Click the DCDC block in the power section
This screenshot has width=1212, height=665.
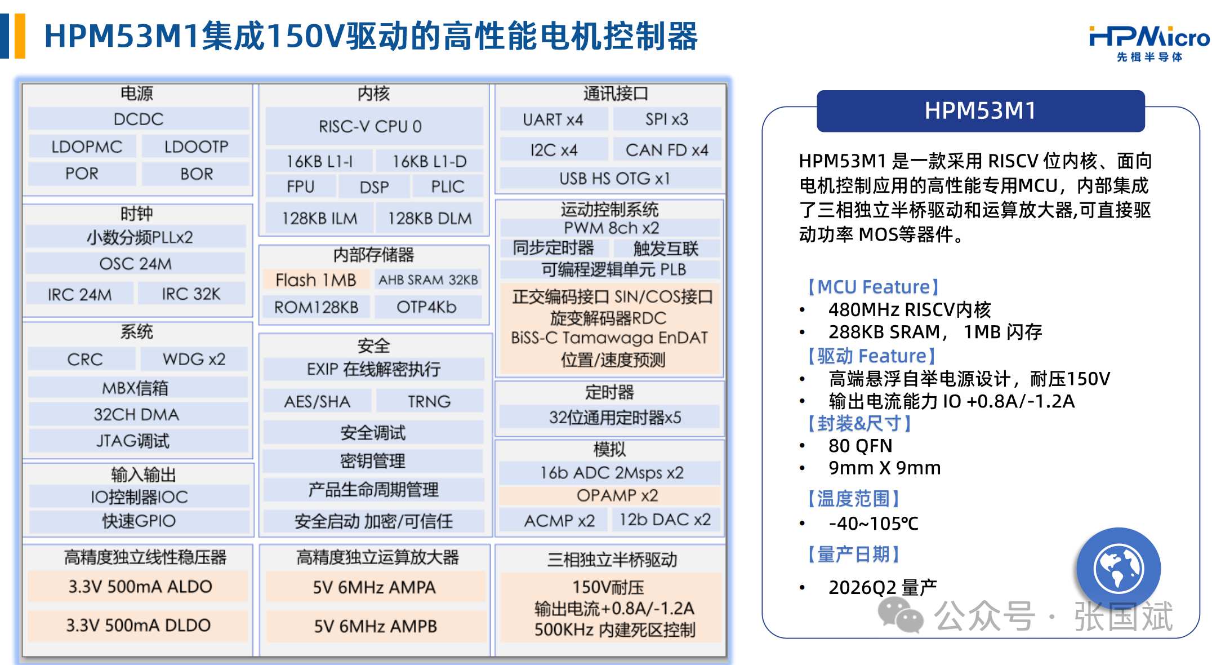[x=139, y=119]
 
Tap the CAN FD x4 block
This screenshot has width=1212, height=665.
[x=667, y=150]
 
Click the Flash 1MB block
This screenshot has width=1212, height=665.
[x=316, y=280]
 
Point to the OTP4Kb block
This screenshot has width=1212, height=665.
[x=426, y=307]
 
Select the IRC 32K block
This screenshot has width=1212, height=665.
[x=191, y=294]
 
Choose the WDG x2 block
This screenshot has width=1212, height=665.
[x=194, y=359]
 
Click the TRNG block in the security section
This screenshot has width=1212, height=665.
[x=429, y=401]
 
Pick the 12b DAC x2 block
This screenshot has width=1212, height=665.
[x=665, y=520]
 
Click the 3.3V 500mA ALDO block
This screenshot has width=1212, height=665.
[x=139, y=586]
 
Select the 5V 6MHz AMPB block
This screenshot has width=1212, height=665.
[x=375, y=626]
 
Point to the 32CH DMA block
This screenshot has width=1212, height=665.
[x=136, y=414]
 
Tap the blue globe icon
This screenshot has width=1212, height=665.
[x=1119, y=569]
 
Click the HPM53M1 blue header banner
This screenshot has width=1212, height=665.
[x=981, y=111]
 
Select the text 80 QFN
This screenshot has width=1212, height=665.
[x=860, y=446]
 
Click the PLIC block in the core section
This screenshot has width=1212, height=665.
[x=448, y=187]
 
